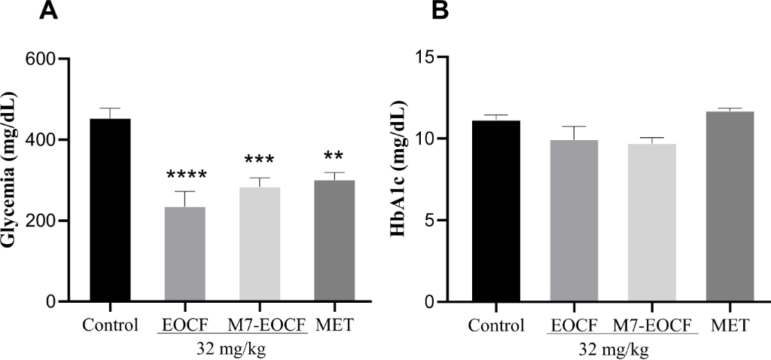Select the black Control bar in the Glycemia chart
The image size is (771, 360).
pyautogui.click(x=111, y=210)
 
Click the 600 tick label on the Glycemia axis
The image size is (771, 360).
pyautogui.click(x=41, y=59)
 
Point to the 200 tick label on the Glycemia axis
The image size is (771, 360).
pyautogui.click(x=41, y=221)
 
